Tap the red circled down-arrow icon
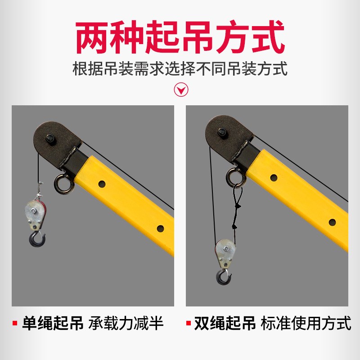(x=181, y=90)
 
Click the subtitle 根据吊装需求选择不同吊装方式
(x=180, y=69)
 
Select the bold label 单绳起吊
(x=53, y=324)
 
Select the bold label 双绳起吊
(x=225, y=324)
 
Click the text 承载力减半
(x=126, y=324)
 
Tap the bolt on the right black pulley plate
(x=222, y=132)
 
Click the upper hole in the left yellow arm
(x=102, y=184)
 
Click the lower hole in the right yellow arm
(x=332, y=222)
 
